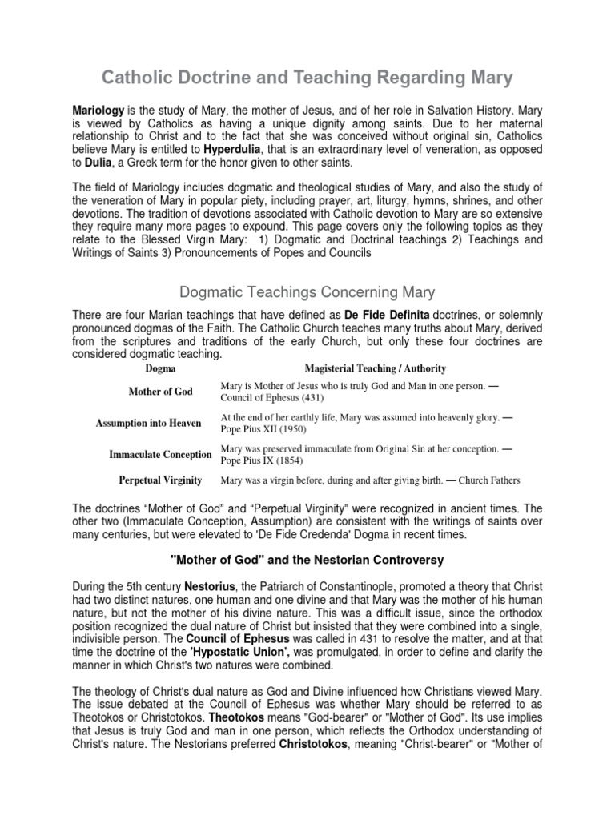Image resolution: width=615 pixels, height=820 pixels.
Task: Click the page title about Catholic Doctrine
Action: [307, 78]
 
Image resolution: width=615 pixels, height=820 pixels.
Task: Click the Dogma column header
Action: [161, 368]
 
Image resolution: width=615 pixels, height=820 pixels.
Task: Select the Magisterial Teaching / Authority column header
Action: [376, 368]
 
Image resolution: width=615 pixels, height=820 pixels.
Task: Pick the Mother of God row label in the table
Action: [162, 392]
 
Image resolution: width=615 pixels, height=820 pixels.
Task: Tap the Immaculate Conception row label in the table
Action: [160, 455]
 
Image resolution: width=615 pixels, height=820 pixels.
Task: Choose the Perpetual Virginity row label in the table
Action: [160, 480]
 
